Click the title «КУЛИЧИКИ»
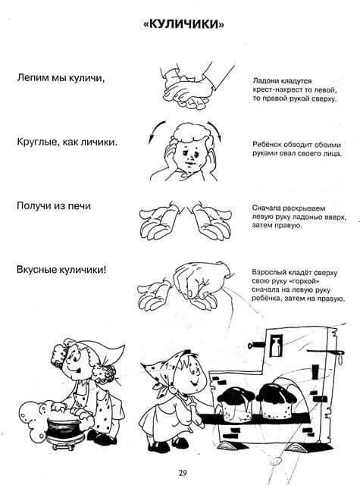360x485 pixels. pos(183,24)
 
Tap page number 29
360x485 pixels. pos(182,473)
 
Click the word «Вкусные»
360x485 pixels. pos(36,270)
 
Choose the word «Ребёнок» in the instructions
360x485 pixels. pos(267,145)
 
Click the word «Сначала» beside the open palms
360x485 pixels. pos(266,208)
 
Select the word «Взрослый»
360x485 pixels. pos(269,273)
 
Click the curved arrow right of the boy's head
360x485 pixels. pos(215,130)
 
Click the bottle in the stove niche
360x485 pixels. pos(276,346)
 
